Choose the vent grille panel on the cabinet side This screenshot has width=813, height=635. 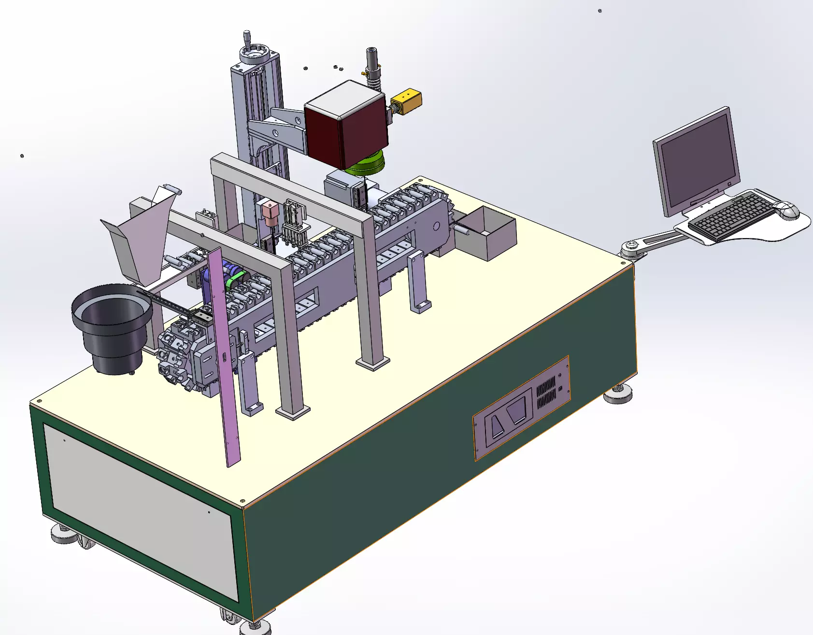tap(546, 393)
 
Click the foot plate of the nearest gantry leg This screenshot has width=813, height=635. tap(293, 412)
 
